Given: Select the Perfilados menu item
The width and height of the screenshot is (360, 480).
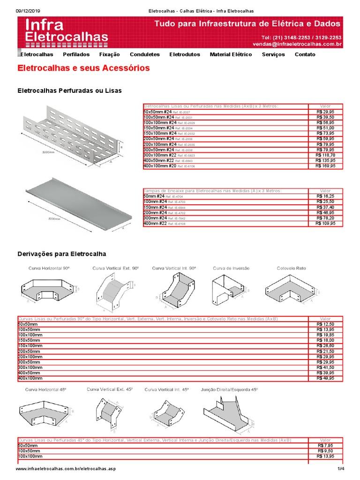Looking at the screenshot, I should click(76, 54).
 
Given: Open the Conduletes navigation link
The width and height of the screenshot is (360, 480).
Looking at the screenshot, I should click(145, 54).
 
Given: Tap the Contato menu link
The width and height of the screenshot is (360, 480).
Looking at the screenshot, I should click(305, 54).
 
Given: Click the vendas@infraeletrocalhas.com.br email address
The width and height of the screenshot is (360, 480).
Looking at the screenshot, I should click(297, 44).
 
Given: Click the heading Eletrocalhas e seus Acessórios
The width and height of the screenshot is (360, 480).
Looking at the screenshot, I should click(83, 68).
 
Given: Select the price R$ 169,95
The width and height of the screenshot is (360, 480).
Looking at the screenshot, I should click(325, 166).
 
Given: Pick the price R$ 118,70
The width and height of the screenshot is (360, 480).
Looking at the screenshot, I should click(325, 155).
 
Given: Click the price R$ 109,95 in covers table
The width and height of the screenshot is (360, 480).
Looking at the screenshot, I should click(325, 224).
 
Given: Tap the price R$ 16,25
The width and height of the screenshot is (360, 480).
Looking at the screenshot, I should click(325, 196).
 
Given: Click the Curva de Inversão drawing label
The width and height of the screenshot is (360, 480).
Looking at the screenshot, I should click(231, 268).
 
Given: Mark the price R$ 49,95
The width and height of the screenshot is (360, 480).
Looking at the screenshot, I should click(325, 378).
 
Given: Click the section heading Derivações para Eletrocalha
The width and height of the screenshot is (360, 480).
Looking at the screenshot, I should click(61, 254).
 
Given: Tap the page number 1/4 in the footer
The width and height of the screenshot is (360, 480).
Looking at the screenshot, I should click(340, 469).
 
